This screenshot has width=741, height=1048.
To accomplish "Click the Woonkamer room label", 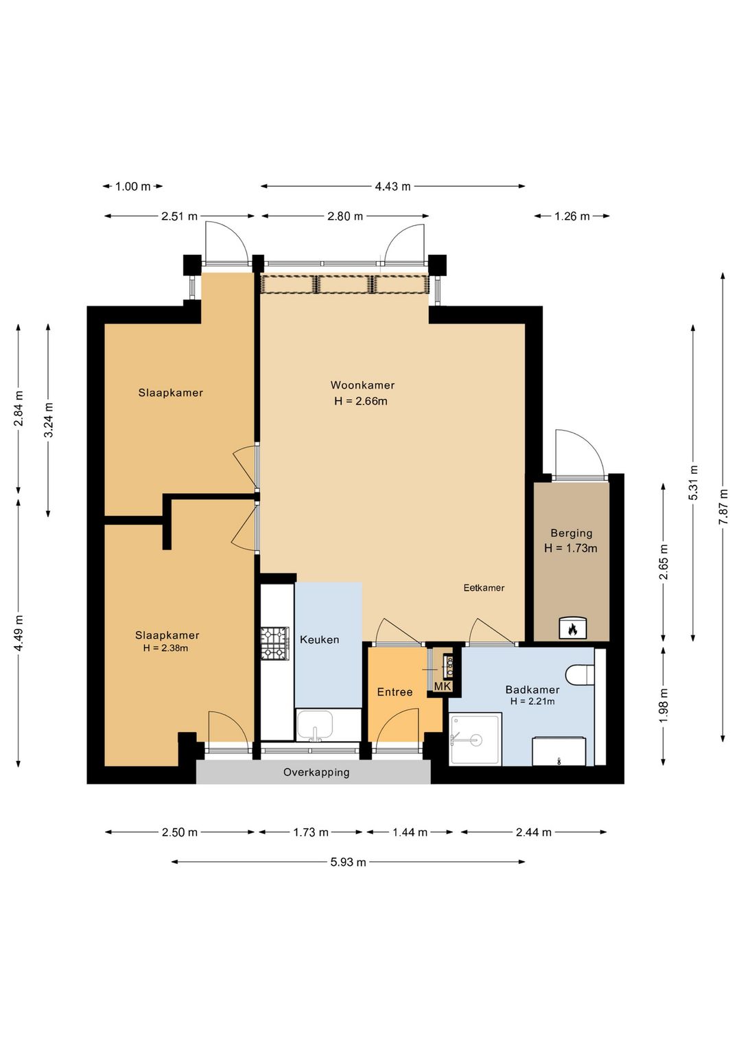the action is coord(362,385).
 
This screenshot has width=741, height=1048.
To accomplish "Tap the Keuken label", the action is coord(319,639).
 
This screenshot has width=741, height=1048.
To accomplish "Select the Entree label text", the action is coord(395,692).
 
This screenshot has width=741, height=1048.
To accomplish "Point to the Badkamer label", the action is coord(532,690).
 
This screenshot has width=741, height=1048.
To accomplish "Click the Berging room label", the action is coord(571,533).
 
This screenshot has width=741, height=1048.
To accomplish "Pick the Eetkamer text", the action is coord(484,588).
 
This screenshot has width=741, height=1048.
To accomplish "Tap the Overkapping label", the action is coord(316,773).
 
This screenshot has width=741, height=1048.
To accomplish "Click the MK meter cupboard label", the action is coord(443,686).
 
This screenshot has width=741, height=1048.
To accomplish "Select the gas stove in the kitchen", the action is coord(275,644).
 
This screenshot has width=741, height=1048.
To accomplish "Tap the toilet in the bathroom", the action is coord(580,674).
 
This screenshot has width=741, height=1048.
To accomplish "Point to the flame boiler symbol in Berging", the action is coord(572,629).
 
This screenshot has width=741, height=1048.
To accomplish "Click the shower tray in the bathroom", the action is coord(475,739).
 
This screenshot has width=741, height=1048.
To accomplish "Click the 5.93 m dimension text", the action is coord(348,862).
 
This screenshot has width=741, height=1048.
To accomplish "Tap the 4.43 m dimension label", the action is coord(392,186).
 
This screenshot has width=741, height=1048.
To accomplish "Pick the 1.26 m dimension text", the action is coord(572,216).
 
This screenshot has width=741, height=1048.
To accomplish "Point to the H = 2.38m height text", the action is coord(165,648).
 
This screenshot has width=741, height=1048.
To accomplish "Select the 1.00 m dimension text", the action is coord(133,187).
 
